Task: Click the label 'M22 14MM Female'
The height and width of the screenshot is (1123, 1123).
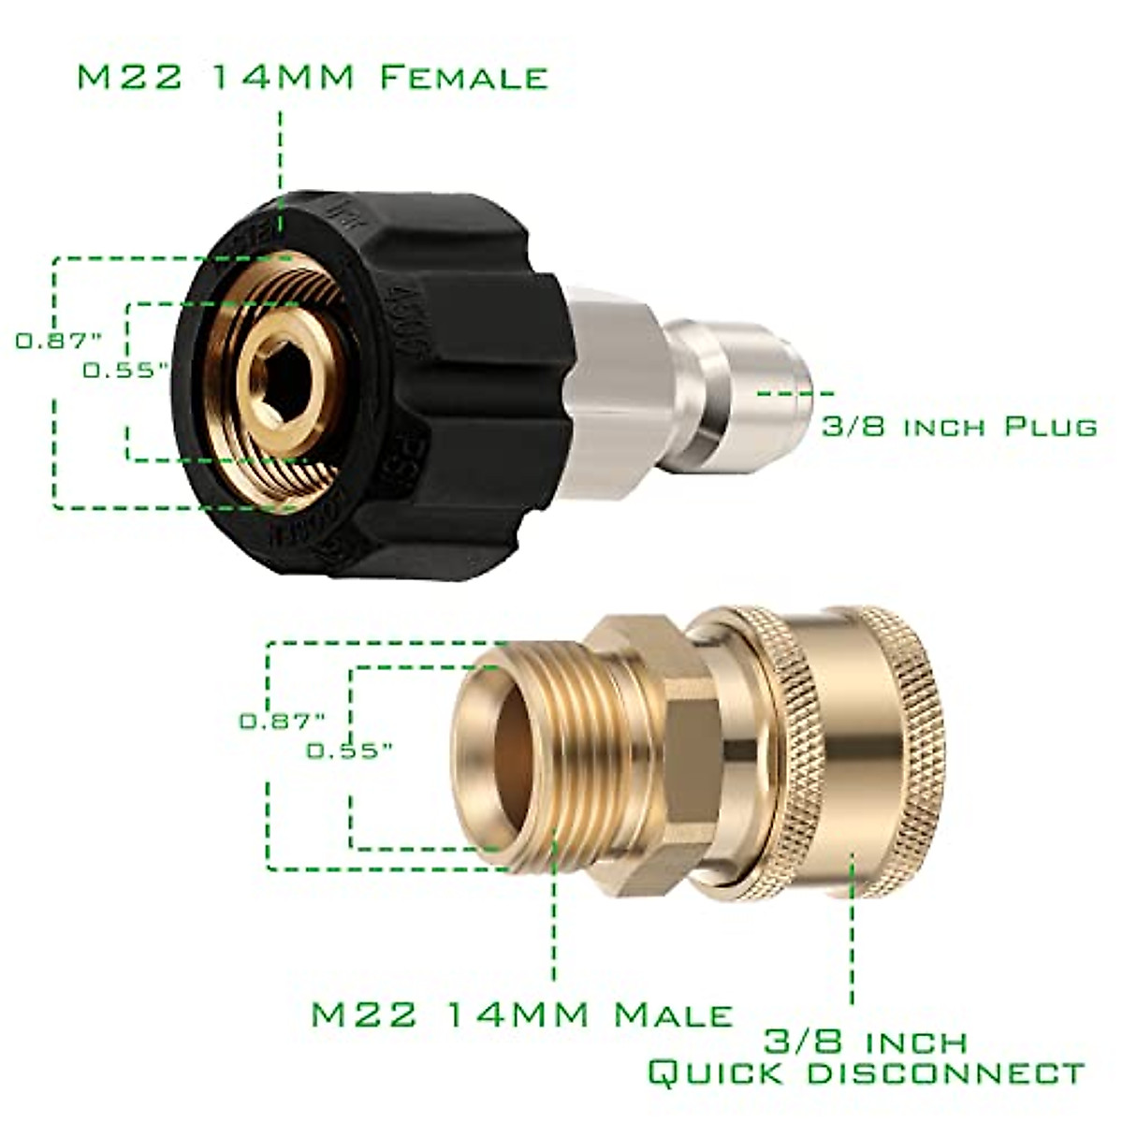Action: pos(312,77)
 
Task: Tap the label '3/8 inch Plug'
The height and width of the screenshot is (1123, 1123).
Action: pos(958,427)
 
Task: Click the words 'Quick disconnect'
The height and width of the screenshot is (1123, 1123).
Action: pos(866,1072)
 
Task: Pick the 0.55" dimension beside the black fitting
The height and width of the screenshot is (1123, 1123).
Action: pos(125,370)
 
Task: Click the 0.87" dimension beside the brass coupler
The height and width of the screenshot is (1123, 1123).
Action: pos(282,721)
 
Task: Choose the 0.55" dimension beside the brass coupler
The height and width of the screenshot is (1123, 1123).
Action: pos(348,750)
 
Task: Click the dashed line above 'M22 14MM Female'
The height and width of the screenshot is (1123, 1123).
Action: pos(280,150)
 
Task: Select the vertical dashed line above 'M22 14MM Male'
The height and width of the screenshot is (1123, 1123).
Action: pos(554,917)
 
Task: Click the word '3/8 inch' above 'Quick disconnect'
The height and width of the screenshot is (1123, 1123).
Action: pos(866,1041)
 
